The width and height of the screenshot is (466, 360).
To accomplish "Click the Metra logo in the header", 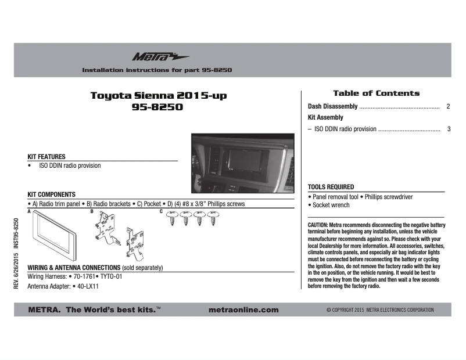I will [152, 57].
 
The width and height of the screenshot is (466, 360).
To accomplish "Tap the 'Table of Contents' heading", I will [376, 93].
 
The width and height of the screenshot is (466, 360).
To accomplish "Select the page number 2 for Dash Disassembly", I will [449, 107].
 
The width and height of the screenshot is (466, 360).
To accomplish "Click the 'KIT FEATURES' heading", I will [46, 157].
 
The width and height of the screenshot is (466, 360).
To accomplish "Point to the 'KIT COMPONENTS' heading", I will [52, 195].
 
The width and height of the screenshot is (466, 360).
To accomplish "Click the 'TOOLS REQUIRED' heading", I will [331, 187].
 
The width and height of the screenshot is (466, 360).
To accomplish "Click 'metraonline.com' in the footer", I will [243, 309].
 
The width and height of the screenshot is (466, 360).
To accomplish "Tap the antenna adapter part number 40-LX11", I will [88, 286].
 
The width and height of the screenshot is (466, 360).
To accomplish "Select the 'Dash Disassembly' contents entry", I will [332, 107].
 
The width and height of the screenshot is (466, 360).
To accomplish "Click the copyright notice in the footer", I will [380, 310].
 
